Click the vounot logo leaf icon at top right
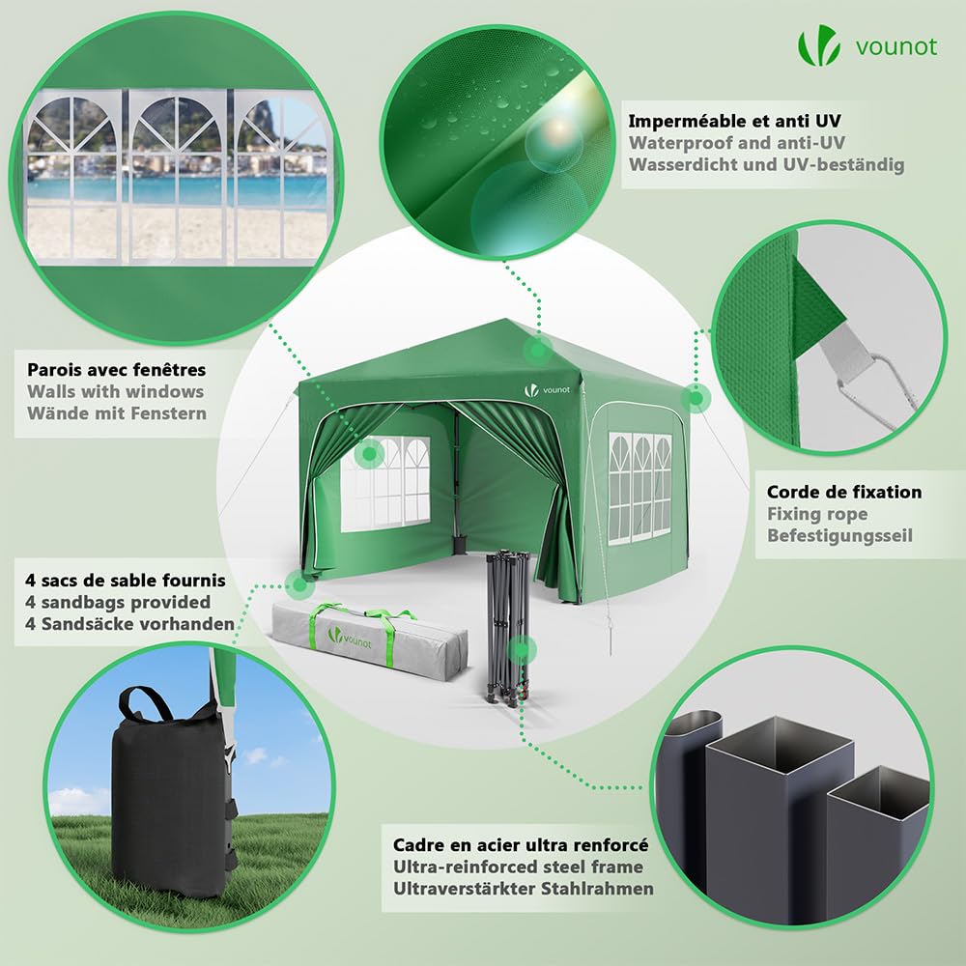(819, 45)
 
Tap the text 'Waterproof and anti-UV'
(737, 143)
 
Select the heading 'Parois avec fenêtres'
(117, 370)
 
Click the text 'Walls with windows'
(115, 392)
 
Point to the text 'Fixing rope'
(817, 514)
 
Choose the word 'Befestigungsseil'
(839, 536)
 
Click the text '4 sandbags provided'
(118, 602)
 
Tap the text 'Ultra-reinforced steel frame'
(518, 867)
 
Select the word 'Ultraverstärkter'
(463, 889)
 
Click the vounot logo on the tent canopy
(547, 390)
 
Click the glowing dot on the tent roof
(538, 350)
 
